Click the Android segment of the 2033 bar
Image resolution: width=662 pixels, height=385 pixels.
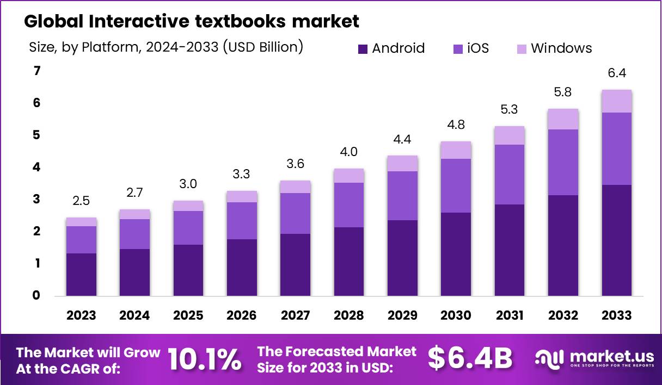617,240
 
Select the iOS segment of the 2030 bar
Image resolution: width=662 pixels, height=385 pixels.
456,185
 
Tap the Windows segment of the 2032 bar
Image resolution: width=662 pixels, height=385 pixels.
563,119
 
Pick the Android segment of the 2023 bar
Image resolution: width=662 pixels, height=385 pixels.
81,275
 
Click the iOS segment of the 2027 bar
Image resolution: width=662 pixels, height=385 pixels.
296,213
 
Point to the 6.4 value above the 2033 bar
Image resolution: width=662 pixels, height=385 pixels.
617,73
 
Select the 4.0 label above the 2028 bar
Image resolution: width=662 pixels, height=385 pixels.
349,152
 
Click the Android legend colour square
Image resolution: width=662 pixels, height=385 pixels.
363,49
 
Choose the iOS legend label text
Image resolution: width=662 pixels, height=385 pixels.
478,48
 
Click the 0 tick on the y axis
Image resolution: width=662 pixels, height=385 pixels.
36,296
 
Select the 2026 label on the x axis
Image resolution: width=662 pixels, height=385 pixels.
242,316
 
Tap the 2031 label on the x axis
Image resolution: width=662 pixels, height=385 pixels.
510,316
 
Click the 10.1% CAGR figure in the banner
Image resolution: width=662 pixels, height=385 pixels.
204,359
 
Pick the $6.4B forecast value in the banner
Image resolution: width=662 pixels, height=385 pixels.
470,358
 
